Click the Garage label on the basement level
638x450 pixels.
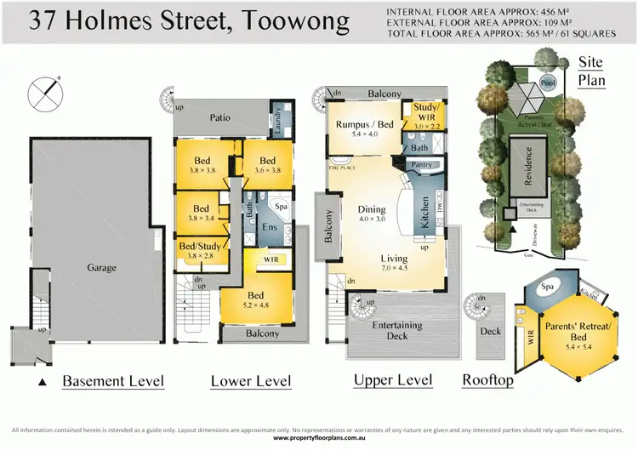[x=101, y=268]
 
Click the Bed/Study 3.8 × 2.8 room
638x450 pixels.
[x=201, y=253]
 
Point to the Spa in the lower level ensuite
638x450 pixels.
[x=282, y=207]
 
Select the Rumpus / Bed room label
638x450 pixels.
[x=364, y=125]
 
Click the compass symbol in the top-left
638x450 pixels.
[x=45, y=94]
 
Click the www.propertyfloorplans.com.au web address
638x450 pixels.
[x=318, y=438]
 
